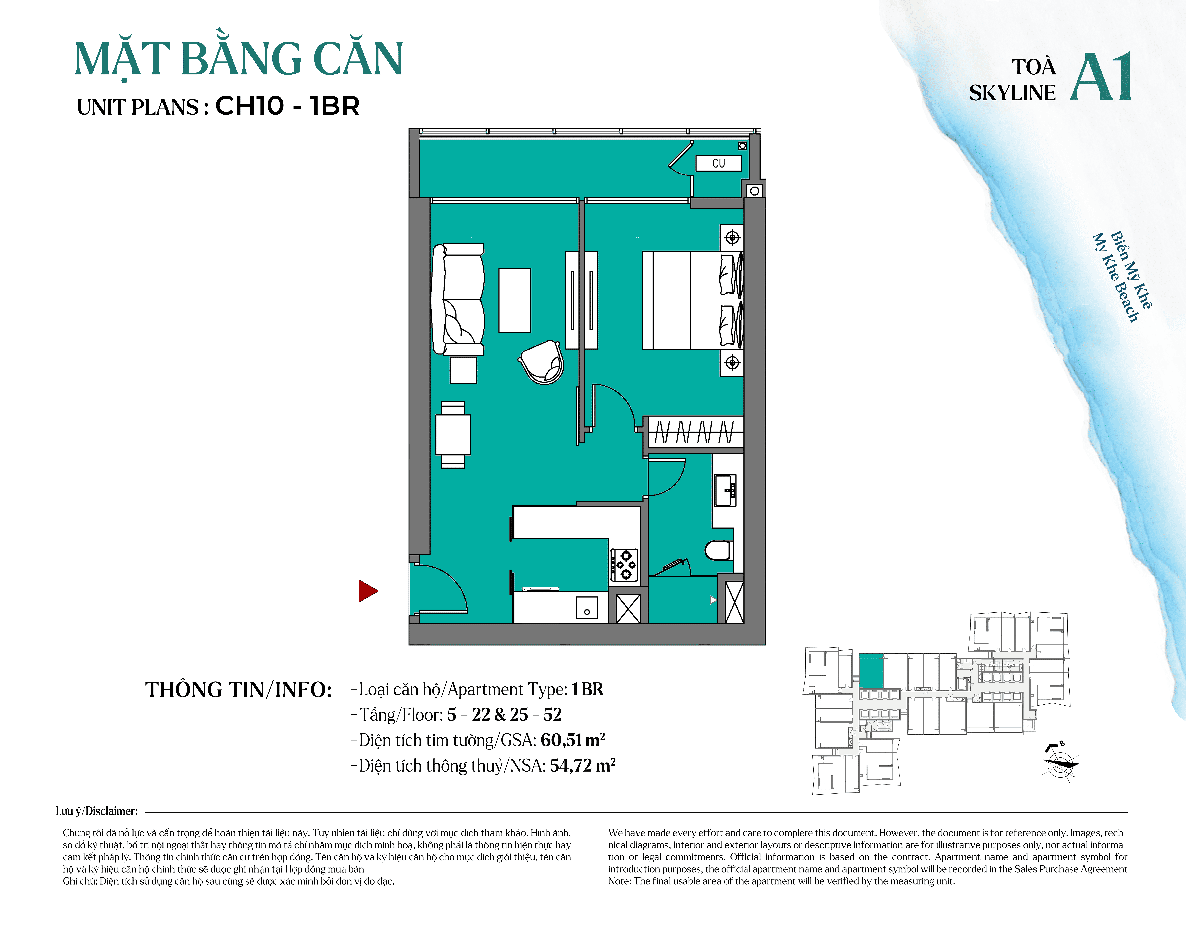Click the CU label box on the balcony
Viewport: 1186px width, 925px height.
pyautogui.click(x=718, y=163)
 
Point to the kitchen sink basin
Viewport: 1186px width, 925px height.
pyautogui.click(x=587, y=608)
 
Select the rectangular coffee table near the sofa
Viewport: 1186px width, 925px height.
pyautogui.click(x=515, y=300)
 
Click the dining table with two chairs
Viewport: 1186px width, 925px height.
pyautogui.click(x=453, y=435)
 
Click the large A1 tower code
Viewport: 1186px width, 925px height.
pyautogui.click(x=1101, y=77)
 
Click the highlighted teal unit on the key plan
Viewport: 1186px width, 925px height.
pyautogui.click(x=871, y=671)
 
